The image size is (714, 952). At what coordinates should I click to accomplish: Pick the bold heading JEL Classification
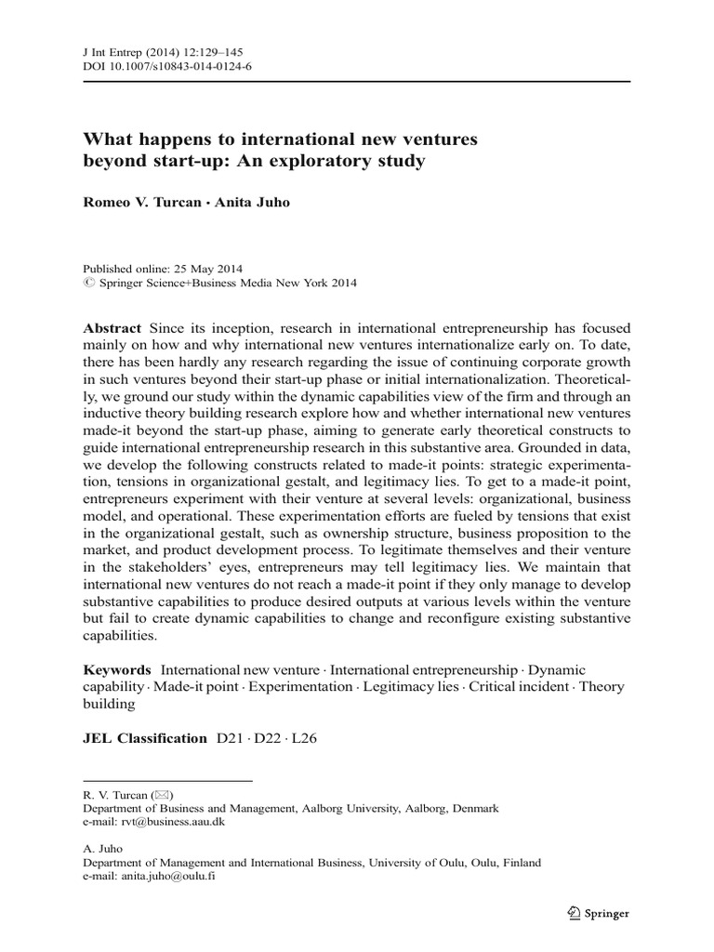(145, 738)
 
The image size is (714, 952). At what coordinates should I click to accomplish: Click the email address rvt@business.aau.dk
(172, 822)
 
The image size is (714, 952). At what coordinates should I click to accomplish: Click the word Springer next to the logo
(607, 914)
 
